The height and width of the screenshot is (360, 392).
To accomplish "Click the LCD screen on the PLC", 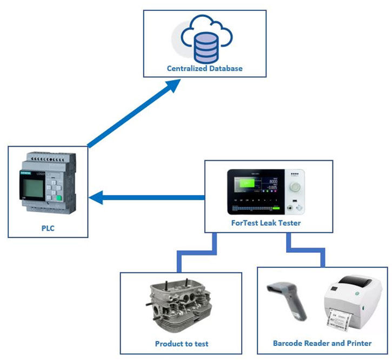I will [x=30, y=188].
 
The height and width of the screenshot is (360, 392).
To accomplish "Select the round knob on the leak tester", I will [x=296, y=187].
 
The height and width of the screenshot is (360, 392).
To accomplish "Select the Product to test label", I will [x=182, y=344].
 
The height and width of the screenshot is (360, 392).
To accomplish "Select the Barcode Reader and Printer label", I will [x=322, y=343].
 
